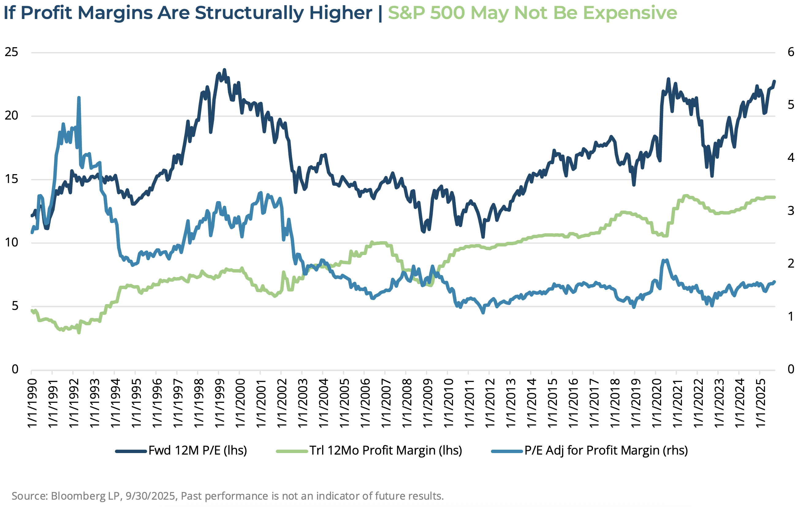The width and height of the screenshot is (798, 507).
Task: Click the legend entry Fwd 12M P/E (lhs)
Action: point(198,451)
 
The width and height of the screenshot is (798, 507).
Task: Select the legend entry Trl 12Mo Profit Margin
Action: point(386,451)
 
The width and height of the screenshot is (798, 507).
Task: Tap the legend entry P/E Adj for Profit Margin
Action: point(606,451)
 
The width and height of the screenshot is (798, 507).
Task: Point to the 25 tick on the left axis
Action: point(12,52)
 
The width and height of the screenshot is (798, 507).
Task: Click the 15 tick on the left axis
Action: point(12,179)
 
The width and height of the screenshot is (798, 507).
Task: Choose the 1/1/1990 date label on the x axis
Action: point(32,402)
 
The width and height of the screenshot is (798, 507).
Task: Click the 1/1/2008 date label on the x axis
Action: point(407,402)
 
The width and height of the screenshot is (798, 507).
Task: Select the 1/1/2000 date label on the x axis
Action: point(240,402)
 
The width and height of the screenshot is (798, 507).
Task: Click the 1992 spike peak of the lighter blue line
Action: point(78,97)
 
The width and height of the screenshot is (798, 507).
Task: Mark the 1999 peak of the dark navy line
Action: point(224,70)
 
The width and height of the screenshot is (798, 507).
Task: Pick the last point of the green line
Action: point(774,197)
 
